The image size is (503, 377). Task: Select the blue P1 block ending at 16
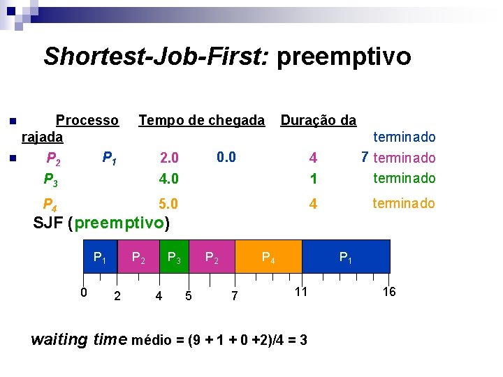click(346, 256)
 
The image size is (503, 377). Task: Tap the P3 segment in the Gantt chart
click(175, 256)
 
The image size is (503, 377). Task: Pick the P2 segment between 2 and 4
click(138, 256)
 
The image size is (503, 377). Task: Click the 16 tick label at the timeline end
click(389, 292)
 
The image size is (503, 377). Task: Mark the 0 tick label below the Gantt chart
click(82, 292)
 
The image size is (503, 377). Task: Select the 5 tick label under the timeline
click(189, 296)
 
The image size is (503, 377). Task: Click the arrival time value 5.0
click(168, 205)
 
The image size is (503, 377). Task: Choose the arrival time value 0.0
click(226, 157)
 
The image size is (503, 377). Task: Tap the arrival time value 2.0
click(169, 158)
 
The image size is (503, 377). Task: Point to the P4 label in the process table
click(50, 205)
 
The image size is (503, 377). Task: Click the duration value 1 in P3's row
click(314, 179)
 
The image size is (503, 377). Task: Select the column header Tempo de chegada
click(201, 121)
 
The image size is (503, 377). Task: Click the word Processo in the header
click(87, 121)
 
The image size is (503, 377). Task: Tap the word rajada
click(43, 138)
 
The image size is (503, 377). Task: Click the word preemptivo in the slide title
click(344, 57)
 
